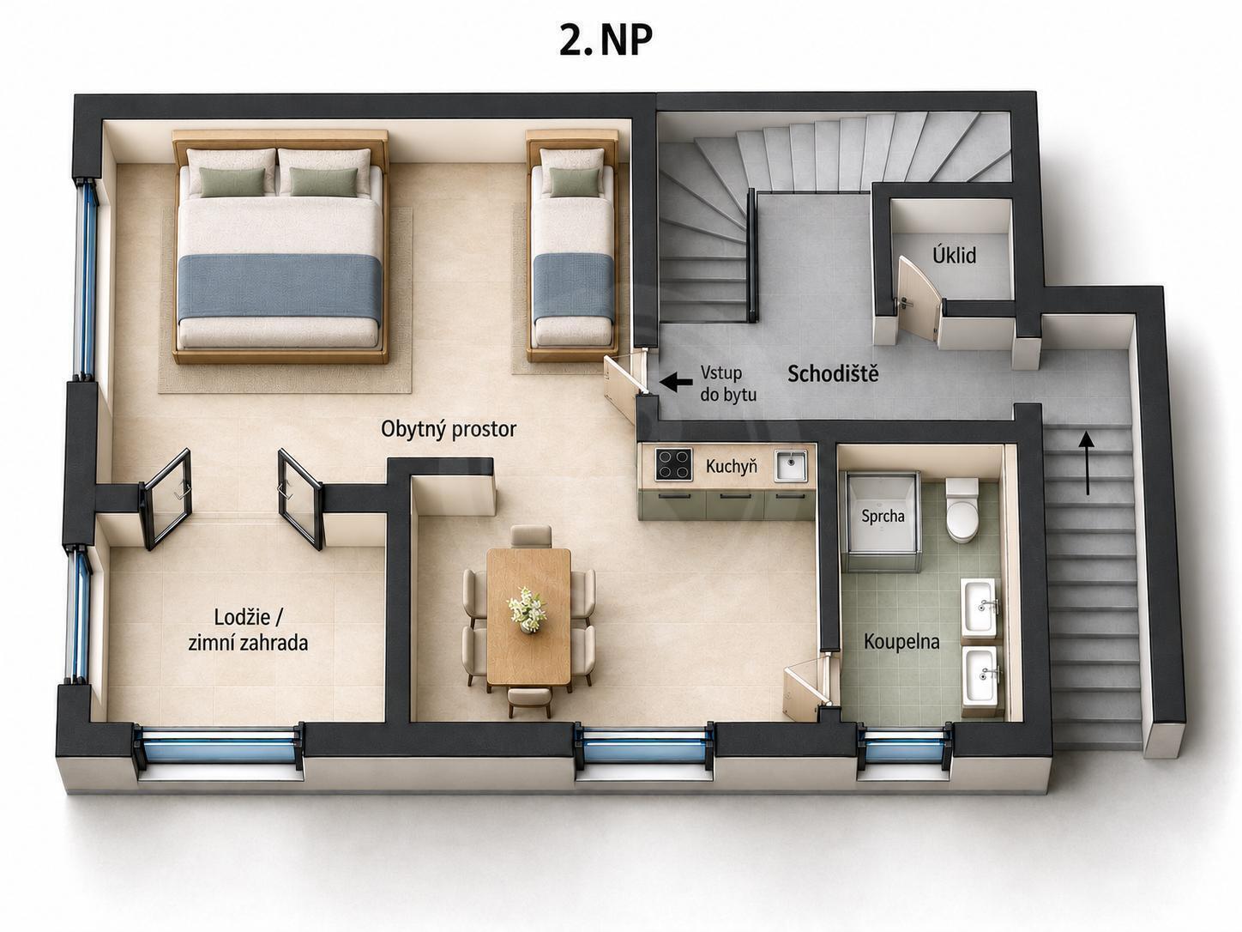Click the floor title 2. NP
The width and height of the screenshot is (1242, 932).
pyautogui.click(x=606, y=40)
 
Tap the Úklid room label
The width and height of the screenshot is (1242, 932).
pyautogui.click(x=954, y=255)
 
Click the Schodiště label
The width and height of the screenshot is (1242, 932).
pyautogui.click(x=833, y=373)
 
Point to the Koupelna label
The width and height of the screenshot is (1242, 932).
pyautogui.click(x=901, y=642)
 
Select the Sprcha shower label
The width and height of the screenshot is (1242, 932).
pyautogui.click(x=883, y=516)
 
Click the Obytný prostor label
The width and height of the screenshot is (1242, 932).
pyautogui.click(x=449, y=429)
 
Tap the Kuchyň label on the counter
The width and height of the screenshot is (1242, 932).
pyautogui.click(x=731, y=466)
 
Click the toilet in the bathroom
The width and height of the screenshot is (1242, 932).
pyautogui.click(x=962, y=511)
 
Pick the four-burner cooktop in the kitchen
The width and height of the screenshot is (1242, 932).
pyautogui.click(x=674, y=464)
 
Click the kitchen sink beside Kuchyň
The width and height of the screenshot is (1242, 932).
pyautogui.click(x=791, y=465)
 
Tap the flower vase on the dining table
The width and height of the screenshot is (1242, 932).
pyautogui.click(x=528, y=609)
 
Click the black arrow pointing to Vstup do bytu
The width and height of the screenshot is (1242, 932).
pyautogui.click(x=676, y=382)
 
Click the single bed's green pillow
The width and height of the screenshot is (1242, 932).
pyautogui.click(x=574, y=182)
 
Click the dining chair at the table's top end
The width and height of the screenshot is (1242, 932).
pyautogui.click(x=531, y=536)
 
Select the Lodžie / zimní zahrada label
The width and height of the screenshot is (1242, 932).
pyautogui.click(x=248, y=629)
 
